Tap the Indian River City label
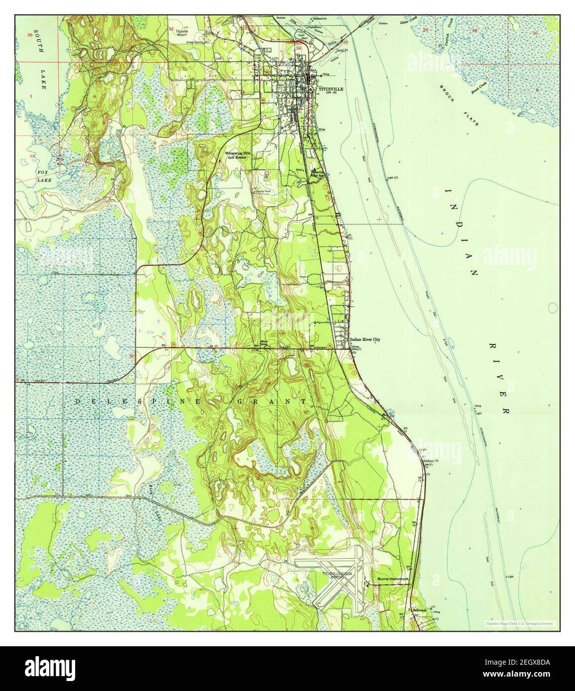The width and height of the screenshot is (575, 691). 365,340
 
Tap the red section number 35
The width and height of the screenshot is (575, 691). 424,31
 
